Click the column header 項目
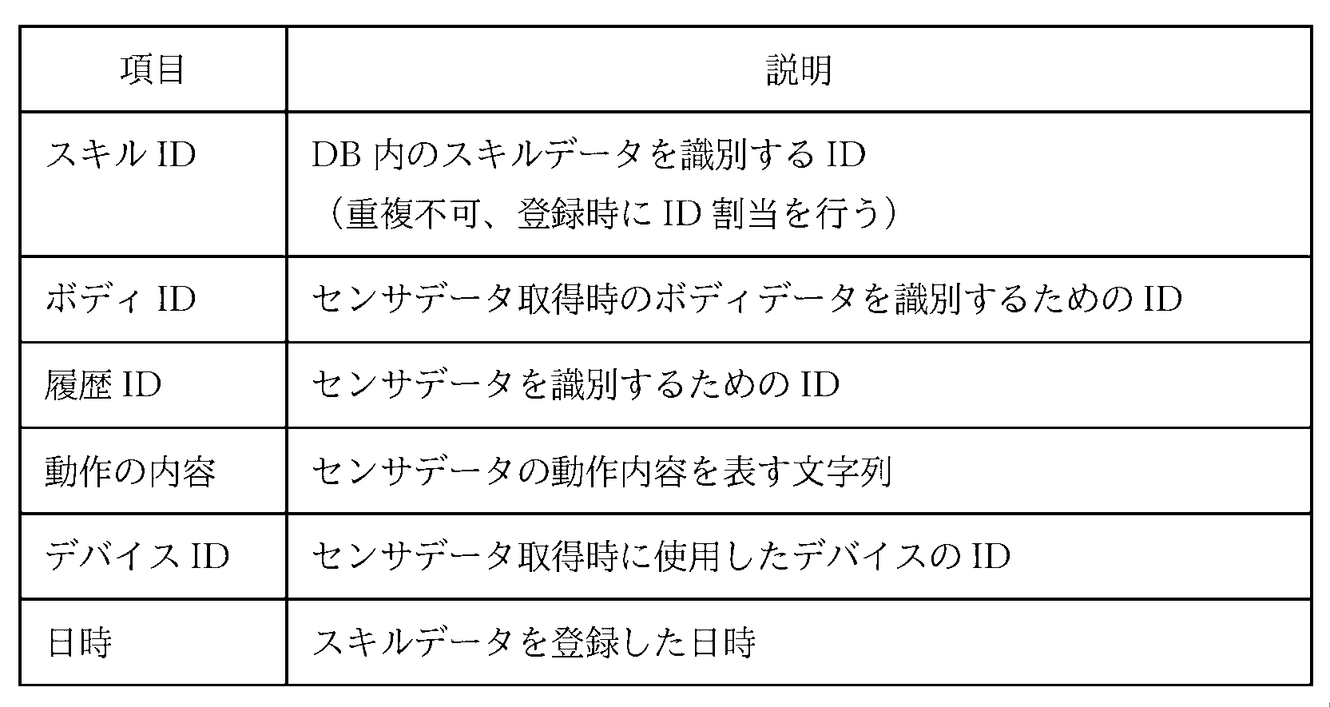click(153, 70)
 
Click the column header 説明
click(799, 70)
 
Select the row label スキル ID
click(121, 154)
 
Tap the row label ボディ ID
click(121, 299)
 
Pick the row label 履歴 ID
click(103, 384)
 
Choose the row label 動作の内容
click(130, 471)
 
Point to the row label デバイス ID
click(137, 556)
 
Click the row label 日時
click(79, 642)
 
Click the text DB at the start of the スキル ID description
click(336, 154)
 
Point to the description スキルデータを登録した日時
click(534, 642)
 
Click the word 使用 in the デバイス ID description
click(686, 556)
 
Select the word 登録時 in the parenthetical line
click(568, 213)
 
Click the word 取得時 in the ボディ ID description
click(568, 299)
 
